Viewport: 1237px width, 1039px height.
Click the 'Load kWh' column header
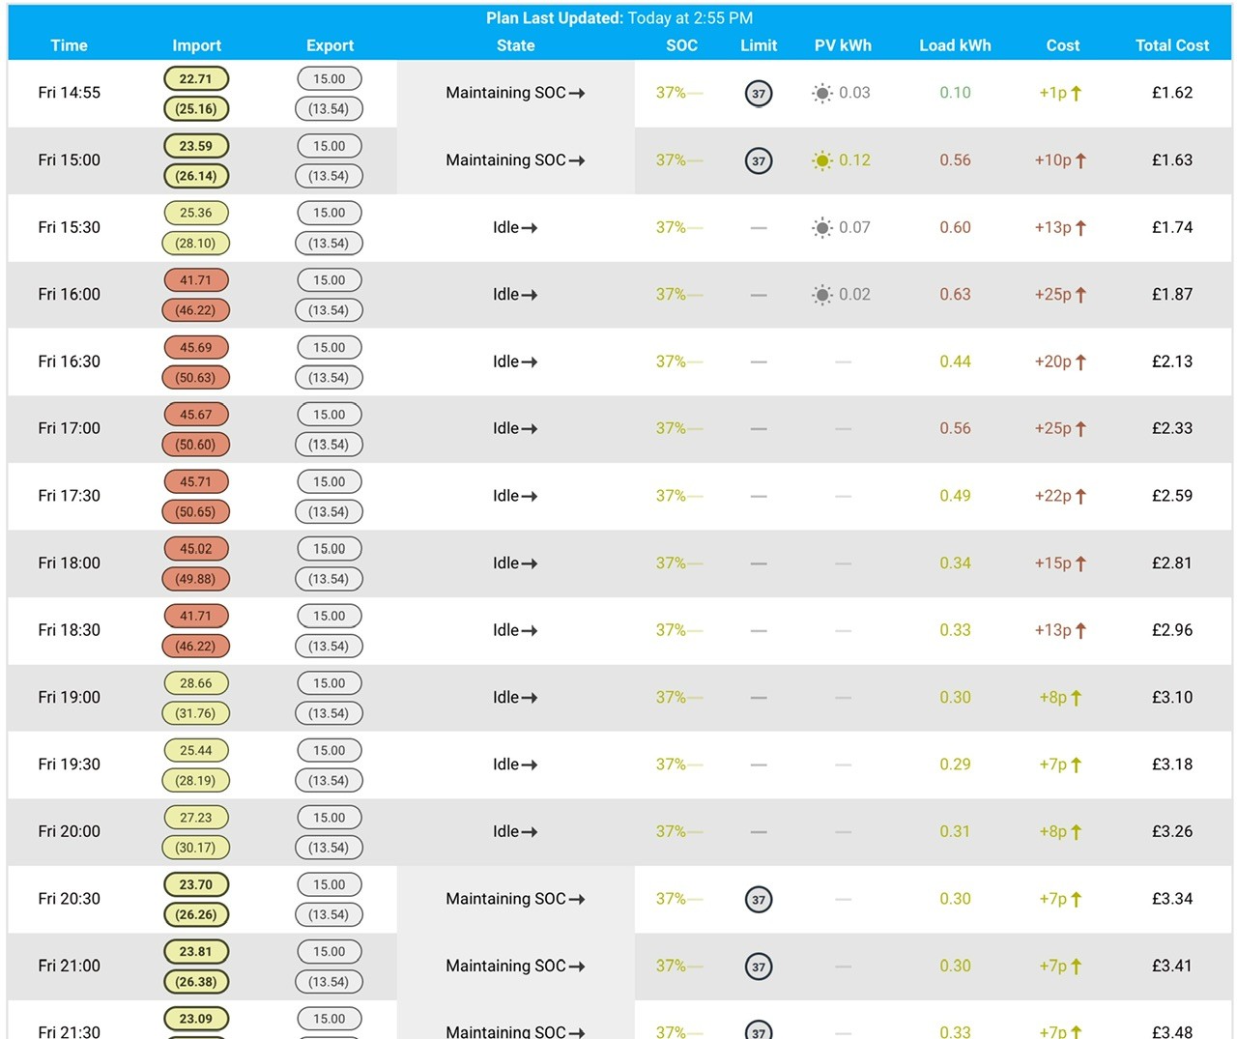(x=955, y=45)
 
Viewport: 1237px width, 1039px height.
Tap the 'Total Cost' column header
(x=1172, y=45)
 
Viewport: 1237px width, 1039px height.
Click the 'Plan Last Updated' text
(x=554, y=17)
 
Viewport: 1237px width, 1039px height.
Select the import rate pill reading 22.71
(x=196, y=79)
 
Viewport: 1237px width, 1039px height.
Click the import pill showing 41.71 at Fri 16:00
(x=196, y=280)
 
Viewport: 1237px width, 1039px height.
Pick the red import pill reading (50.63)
(x=195, y=378)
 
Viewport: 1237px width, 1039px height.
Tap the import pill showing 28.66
(x=196, y=683)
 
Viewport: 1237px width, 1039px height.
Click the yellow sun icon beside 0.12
(x=821, y=160)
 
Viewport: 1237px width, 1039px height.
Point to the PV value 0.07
(x=854, y=227)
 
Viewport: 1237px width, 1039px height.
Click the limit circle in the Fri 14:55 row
(x=759, y=93)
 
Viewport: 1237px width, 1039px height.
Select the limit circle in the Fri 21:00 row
(x=759, y=967)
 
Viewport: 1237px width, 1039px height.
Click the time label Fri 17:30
(x=70, y=496)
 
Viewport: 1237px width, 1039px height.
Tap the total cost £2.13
(x=1172, y=361)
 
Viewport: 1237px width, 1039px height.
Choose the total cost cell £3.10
(x=1172, y=698)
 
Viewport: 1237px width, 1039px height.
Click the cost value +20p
(x=1052, y=361)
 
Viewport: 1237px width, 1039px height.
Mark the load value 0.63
(x=955, y=295)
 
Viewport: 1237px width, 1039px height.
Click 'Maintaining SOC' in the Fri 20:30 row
(x=505, y=899)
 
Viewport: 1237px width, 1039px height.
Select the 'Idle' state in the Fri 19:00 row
(x=506, y=698)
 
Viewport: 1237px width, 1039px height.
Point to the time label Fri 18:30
(x=70, y=630)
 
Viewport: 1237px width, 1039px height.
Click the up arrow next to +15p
(x=1080, y=563)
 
